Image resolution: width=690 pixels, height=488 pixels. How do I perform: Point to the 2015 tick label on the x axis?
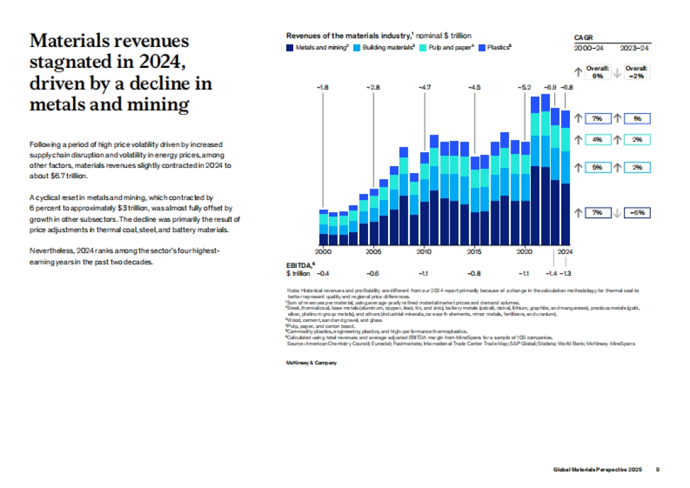coord(474,252)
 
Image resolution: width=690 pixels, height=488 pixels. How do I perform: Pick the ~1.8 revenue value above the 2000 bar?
coord(323,87)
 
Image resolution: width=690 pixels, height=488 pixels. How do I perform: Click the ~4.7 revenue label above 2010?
coord(424,87)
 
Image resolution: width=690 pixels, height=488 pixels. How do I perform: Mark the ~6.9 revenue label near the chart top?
coord(550,87)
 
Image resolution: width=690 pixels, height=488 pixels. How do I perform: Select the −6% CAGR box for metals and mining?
coord(637,213)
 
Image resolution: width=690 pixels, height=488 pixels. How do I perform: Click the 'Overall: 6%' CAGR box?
coord(598,71)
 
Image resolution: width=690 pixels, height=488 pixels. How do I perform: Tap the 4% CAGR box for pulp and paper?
coord(598,139)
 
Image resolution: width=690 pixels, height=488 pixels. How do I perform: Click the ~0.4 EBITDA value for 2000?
coord(323,274)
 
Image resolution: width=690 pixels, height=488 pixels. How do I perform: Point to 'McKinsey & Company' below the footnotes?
coord(311,363)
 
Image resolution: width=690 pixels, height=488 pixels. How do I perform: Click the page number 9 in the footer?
coord(658,470)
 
